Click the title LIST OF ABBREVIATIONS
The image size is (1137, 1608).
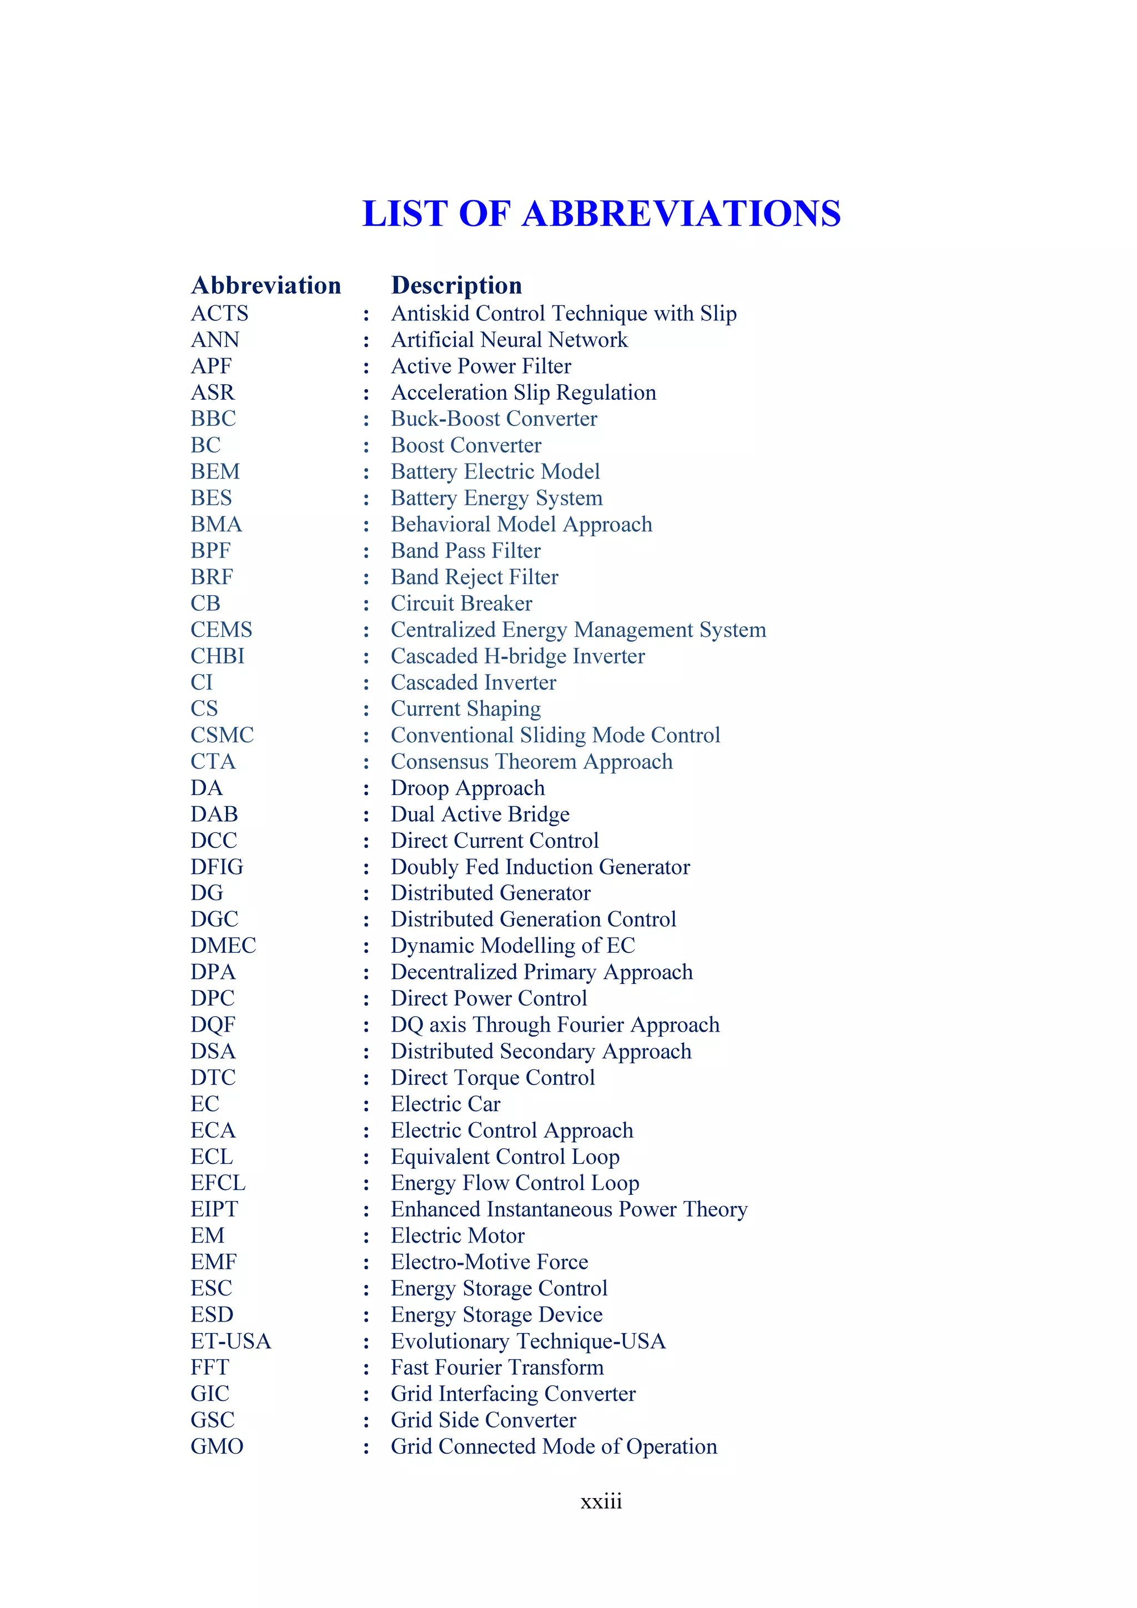pyautogui.click(x=601, y=214)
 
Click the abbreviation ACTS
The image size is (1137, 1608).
pyautogui.click(x=219, y=313)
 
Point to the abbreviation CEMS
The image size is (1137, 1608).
pyautogui.click(x=222, y=630)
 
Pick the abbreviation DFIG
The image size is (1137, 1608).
pyautogui.click(x=217, y=867)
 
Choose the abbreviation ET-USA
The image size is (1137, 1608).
pyautogui.click(x=230, y=1341)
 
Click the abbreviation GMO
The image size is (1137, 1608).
pyautogui.click(x=217, y=1446)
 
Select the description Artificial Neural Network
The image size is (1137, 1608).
pyautogui.click(x=509, y=340)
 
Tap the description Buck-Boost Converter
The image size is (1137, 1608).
pyautogui.click(x=494, y=419)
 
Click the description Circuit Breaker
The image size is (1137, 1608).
pyautogui.click(x=461, y=603)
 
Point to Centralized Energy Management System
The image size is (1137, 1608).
pyautogui.click(x=578, y=630)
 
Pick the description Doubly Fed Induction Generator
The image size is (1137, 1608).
pyautogui.click(x=540, y=867)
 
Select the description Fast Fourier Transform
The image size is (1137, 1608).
pyautogui.click(x=496, y=1367)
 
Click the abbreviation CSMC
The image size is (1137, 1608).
pyautogui.click(x=222, y=735)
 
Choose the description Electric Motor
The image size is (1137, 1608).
pyautogui.click(x=457, y=1235)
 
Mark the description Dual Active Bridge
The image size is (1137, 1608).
pyautogui.click(x=480, y=814)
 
